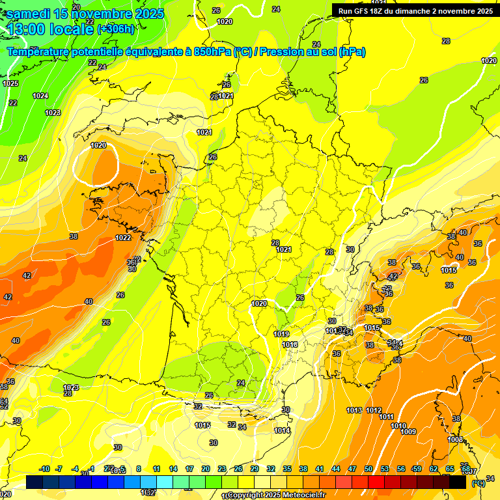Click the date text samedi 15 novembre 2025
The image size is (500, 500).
85,14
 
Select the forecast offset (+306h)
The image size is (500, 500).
115,29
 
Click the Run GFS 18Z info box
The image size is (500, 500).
415,10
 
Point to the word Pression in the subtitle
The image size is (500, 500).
281,51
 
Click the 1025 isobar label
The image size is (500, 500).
10,83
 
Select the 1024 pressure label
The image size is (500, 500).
40,96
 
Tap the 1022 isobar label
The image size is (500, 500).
123,238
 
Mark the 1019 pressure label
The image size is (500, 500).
281,334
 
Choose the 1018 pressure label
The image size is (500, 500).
290,344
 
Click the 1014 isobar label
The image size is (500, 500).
282,430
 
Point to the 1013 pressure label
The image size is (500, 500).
354,410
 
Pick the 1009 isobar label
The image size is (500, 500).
408,432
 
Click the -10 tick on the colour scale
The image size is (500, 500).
44,469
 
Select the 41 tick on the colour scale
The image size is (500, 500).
320,469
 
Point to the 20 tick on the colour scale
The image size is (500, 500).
206,469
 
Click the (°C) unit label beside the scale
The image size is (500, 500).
478,483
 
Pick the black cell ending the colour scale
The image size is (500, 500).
458,482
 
